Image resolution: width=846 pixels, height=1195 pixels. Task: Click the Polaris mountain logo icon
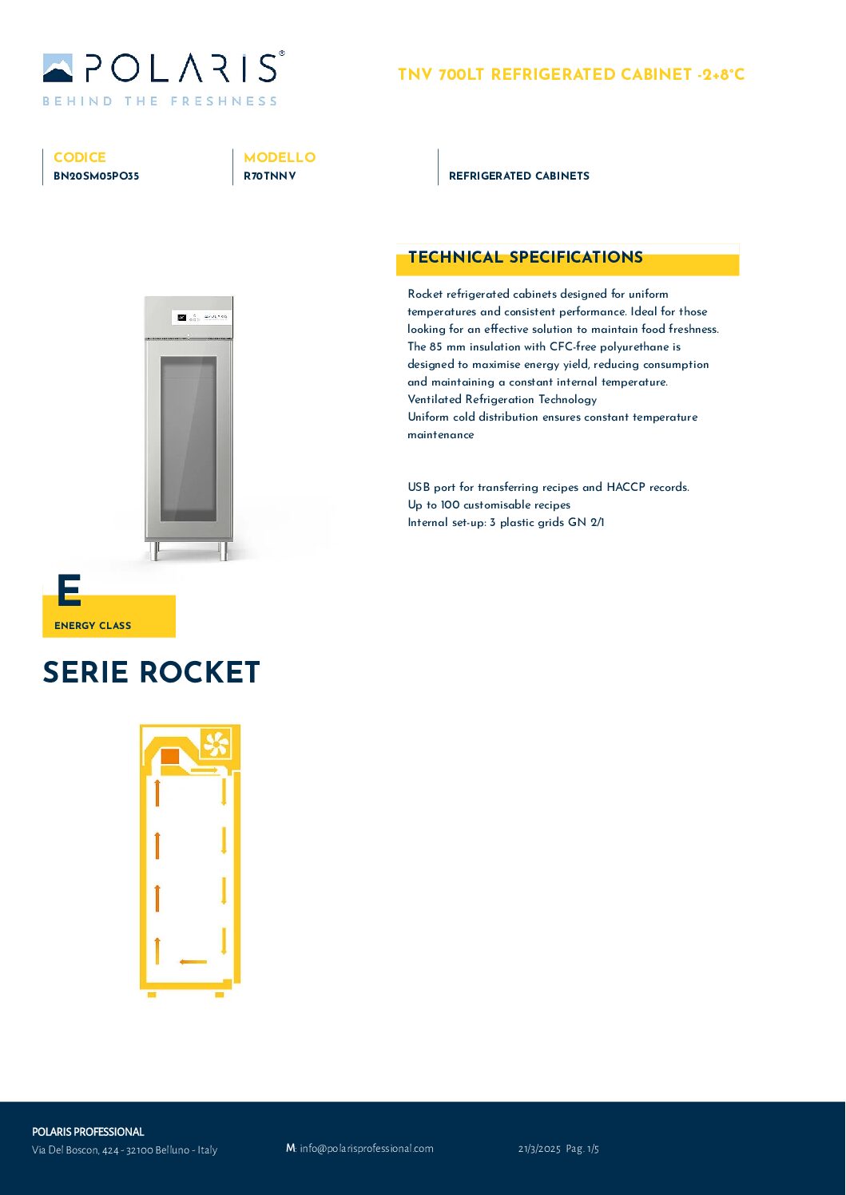58,69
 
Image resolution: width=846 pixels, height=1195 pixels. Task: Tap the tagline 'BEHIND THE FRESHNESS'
160,101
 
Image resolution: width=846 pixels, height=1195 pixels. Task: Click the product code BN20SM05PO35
96,176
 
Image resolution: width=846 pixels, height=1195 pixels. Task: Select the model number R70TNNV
269,176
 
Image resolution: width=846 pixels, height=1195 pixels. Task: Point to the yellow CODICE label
79,157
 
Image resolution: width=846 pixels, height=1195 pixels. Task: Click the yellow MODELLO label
280,157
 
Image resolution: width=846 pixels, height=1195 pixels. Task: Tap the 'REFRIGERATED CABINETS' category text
518,176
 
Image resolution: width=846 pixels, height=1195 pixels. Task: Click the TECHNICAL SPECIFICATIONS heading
525,257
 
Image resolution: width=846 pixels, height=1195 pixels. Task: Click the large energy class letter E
69,592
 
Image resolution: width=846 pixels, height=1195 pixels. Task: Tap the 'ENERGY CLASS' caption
93,626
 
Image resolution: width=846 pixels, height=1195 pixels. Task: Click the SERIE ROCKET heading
151,672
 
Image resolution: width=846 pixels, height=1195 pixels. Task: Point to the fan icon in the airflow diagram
216,744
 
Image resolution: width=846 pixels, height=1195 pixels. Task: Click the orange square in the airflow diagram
170,757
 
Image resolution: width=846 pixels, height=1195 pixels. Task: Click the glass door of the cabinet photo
189,438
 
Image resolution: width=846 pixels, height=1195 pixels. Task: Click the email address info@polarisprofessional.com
366,1149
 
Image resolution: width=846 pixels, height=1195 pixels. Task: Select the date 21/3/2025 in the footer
539,1149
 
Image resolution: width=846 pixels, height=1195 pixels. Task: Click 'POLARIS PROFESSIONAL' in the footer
88,1132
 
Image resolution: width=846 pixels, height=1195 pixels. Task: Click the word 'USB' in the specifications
419,487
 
